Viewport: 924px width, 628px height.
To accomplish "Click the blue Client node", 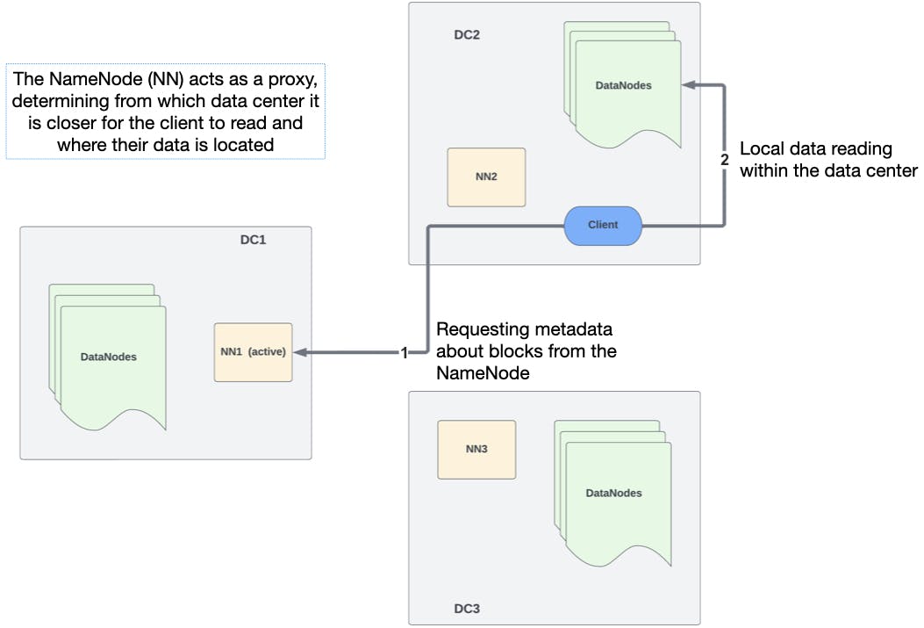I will coord(602,225).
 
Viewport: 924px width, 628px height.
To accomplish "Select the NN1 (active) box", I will coord(253,352).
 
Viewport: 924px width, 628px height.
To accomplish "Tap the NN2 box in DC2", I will coord(486,177).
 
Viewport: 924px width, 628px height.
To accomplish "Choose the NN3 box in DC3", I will coord(476,449).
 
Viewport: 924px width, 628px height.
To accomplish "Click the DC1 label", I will coord(253,240).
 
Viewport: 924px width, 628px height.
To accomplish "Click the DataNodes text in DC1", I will coord(108,357).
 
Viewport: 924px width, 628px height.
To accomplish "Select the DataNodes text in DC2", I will coord(624,85).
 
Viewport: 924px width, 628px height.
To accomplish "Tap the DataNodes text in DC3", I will coord(613,493).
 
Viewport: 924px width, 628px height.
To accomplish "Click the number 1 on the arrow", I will coord(404,353).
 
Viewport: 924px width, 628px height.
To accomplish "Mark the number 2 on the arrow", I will coord(724,161).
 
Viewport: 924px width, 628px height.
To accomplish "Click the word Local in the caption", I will coord(760,149).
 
